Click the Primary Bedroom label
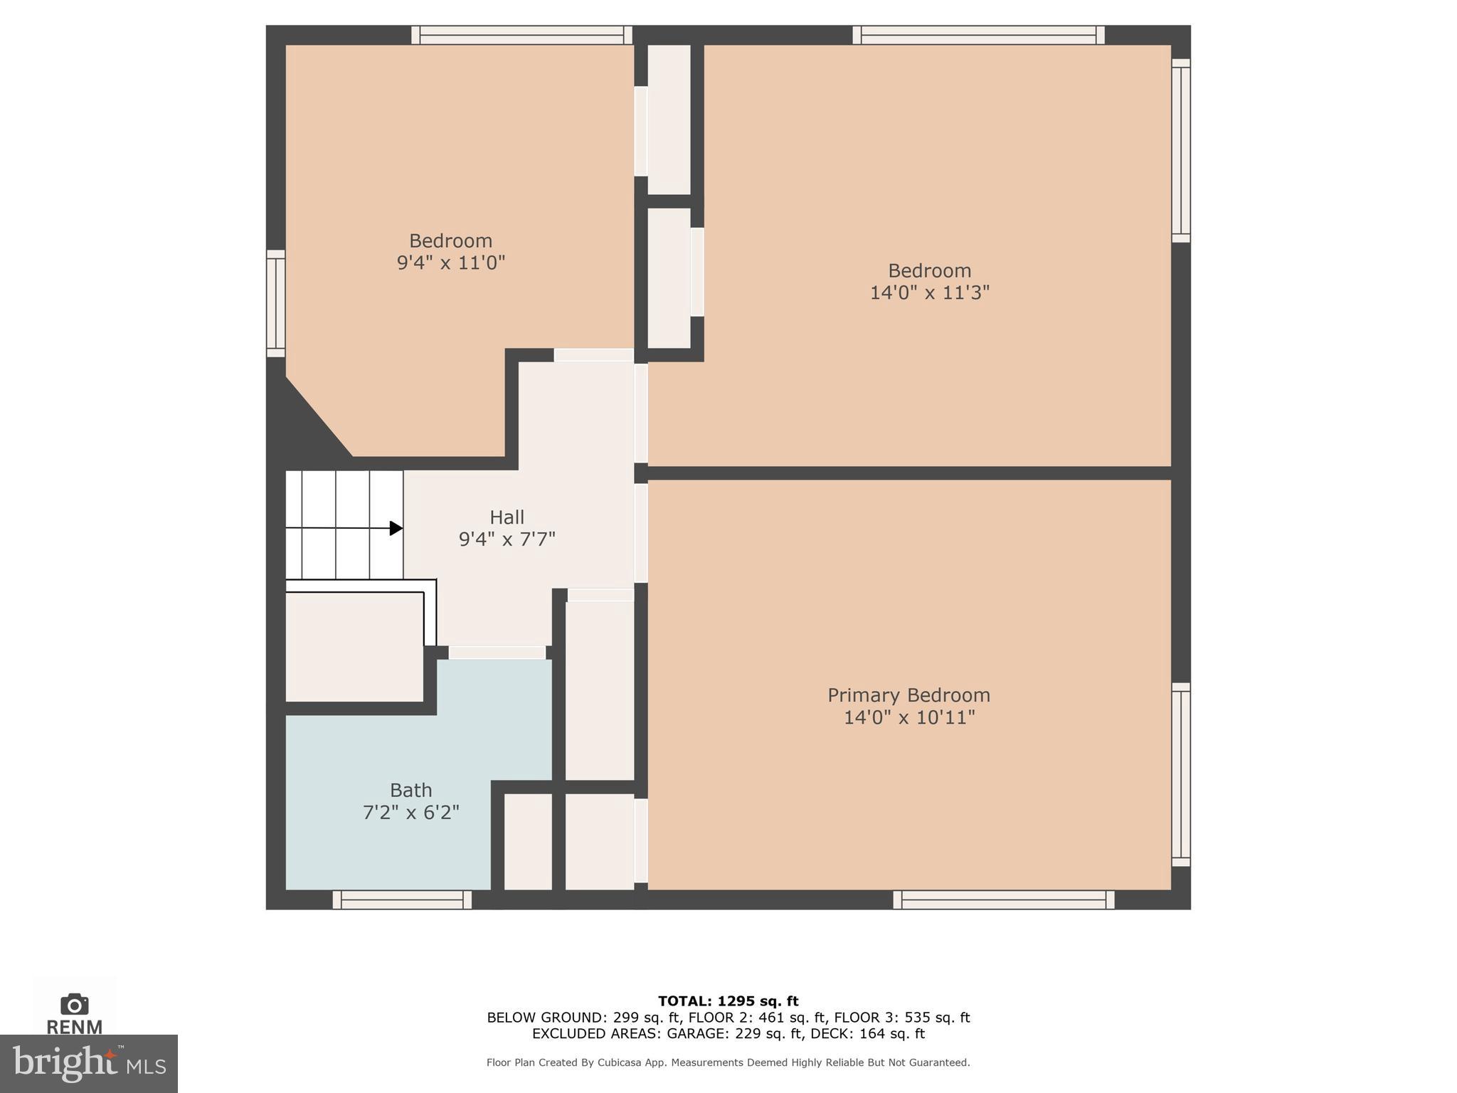(x=908, y=695)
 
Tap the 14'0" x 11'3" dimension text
(x=929, y=292)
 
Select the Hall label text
(x=507, y=517)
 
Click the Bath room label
(x=410, y=791)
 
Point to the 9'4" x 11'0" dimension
(x=450, y=263)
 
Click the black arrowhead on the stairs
(x=396, y=528)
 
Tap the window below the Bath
(x=402, y=900)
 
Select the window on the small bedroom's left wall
(x=275, y=303)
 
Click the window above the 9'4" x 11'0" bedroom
(x=521, y=35)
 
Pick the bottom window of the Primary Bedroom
(x=1003, y=900)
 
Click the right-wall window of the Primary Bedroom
(x=1180, y=774)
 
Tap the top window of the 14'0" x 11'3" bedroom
(x=978, y=35)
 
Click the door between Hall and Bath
(x=497, y=653)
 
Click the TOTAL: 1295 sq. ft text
(x=728, y=1001)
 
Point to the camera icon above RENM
(x=74, y=1004)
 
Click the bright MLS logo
(x=88, y=1064)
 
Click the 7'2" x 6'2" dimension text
(x=410, y=813)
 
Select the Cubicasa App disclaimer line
(x=728, y=1062)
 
